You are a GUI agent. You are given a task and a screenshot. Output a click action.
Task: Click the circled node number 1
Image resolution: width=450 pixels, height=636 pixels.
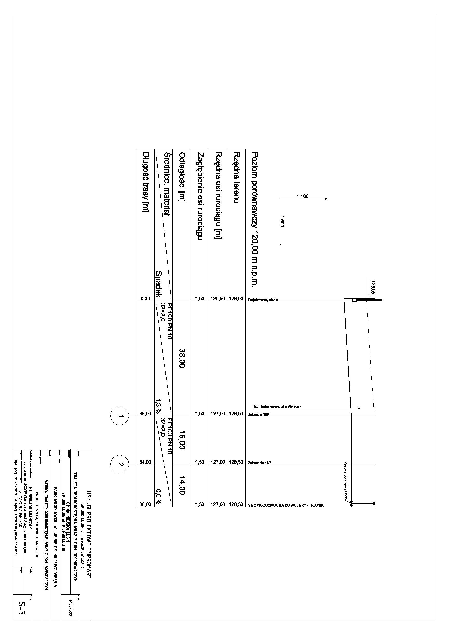[120, 416]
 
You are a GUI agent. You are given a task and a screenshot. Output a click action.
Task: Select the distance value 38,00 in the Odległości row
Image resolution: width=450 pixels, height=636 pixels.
[182, 358]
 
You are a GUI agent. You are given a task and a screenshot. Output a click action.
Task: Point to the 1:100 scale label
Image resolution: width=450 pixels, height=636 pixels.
[302, 196]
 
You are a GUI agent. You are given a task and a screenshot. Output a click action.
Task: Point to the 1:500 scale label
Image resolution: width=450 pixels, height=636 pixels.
[282, 221]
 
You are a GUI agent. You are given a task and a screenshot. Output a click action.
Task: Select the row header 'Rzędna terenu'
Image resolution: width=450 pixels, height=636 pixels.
[236, 178]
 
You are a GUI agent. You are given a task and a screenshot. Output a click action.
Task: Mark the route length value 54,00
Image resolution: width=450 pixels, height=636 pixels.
[145, 462]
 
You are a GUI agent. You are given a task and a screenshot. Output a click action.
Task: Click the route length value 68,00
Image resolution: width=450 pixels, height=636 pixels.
[145, 505]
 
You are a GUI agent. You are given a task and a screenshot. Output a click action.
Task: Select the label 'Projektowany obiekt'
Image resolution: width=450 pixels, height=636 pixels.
[263, 300]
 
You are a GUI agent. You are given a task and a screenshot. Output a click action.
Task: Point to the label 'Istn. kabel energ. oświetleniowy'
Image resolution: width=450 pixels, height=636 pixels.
[278, 407]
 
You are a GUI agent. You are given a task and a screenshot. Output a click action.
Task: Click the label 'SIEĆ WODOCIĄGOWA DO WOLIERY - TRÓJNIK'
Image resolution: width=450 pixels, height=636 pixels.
[286, 505]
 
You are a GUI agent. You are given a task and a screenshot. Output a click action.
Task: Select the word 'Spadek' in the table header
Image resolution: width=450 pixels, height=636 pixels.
[158, 284]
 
